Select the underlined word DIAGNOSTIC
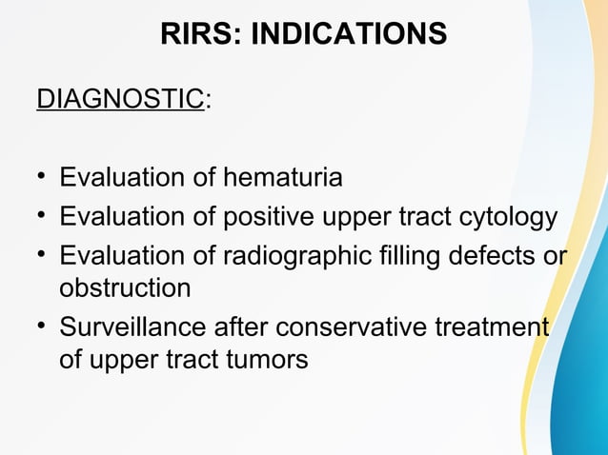click(120, 98)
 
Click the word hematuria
click(282, 178)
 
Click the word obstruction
click(125, 287)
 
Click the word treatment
click(500, 328)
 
